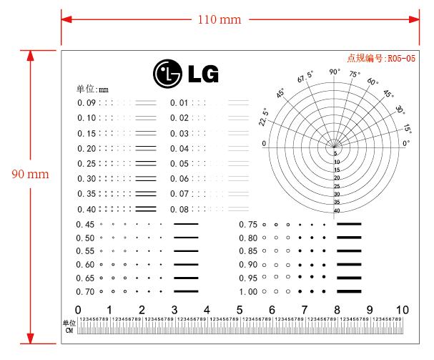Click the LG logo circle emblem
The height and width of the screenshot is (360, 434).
pyautogui.click(x=167, y=73)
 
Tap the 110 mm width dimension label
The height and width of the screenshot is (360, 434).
pyautogui.click(x=219, y=19)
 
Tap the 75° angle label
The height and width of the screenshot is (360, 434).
pyautogui.click(x=355, y=74)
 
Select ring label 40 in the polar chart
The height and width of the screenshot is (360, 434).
pyautogui.click(x=336, y=210)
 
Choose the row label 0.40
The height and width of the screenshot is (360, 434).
pyautogui.click(x=87, y=209)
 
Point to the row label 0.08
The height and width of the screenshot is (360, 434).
pyautogui.click(x=179, y=209)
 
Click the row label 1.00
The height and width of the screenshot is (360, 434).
pyautogui.click(x=248, y=292)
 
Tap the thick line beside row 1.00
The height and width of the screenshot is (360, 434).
pyautogui.click(x=350, y=292)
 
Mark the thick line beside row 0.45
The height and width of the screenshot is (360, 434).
pyautogui.click(x=186, y=224)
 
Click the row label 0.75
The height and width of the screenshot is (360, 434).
pyautogui.click(x=248, y=224)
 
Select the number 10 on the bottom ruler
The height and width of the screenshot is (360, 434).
pyautogui.click(x=403, y=309)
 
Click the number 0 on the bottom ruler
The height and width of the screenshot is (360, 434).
pyautogui.click(x=78, y=309)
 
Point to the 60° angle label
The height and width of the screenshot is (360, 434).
pyautogui.click(x=373, y=82)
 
